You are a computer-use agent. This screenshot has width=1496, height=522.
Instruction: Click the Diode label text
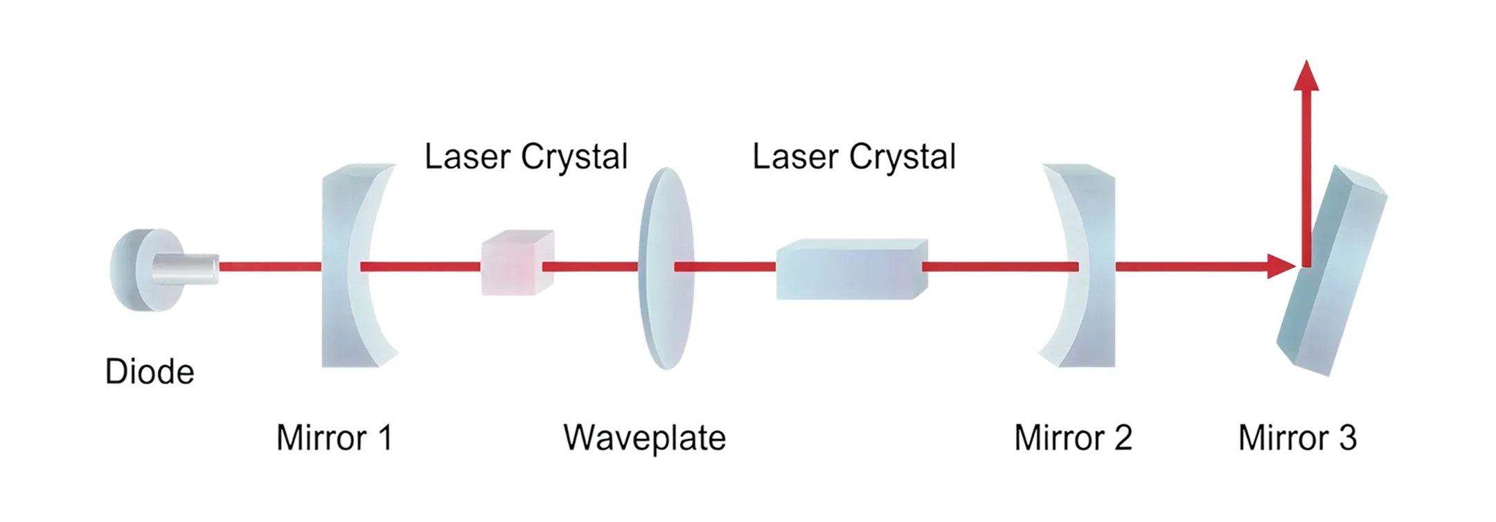click(150, 372)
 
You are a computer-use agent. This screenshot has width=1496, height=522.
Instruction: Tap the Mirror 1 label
click(335, 438)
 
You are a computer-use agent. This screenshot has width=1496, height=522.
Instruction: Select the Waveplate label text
click(645, 438)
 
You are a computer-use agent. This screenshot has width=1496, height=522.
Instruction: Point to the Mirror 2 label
click(1073, 438)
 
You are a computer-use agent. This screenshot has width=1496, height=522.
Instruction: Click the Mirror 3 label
click(1297, 438)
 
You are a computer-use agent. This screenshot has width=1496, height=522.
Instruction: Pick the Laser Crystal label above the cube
click(526, 156)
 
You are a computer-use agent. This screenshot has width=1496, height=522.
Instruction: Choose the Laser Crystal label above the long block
click(854, 156)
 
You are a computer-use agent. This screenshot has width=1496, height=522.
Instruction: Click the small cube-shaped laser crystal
click(516, 264)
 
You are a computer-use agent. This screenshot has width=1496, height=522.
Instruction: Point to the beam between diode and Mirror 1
click(270, 267)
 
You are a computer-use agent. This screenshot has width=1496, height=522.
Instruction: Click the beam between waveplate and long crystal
click(724, 267)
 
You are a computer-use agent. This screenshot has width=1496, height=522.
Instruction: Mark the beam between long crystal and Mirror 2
click(997, 267)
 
